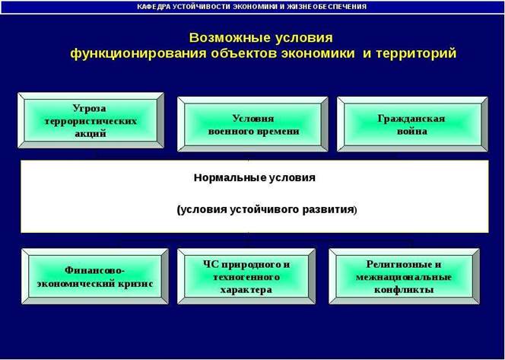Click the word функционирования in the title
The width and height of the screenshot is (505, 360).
click(138, 53)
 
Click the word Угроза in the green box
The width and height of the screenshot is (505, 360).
click(89, 108)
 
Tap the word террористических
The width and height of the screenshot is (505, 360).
click(91, 122)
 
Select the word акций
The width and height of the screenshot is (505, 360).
click(91, 133)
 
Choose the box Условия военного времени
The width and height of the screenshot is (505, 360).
click(252, 124)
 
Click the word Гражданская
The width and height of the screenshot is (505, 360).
click(411, 119)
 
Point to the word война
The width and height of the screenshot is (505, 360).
click(412, 132)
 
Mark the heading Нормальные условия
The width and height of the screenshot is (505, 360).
click(255, 177)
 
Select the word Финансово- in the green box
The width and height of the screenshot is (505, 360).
click(94, 270)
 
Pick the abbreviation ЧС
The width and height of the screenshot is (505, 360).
click(211, 265)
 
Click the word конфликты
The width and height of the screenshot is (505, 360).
click(404, 289)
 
